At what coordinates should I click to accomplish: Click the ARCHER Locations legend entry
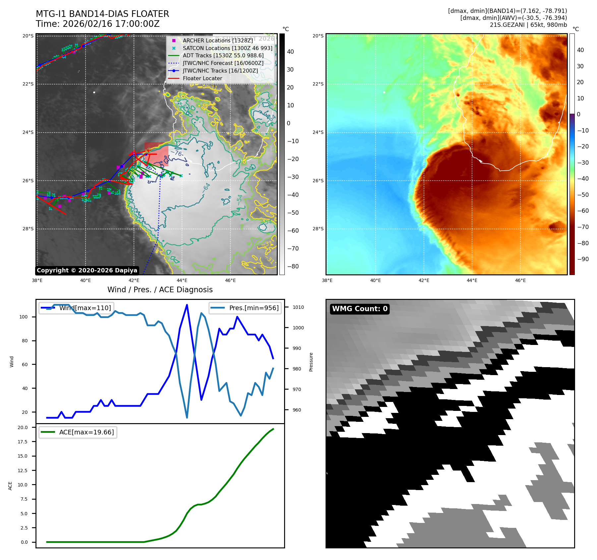pyautogui.click(x=217, y=40)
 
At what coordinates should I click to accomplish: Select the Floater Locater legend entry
pyautogui.click(x=202, y=79)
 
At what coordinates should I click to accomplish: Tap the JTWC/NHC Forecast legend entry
pyautogui.click(x=223, y=63)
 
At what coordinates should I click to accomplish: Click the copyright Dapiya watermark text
pyautogui.click(x=87, y=270)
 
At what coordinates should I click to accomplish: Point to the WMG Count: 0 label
pyautogui.click(x=360, y=309)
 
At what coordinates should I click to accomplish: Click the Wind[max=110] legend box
pyautogui.click(x=76, y=308)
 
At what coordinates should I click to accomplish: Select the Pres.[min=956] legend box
pyautogui.click(x=245, y=308)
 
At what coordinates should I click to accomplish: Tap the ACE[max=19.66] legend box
pyautogui.click(x=78, y=432)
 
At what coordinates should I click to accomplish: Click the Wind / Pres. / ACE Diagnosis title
pyautogui.click(x=160, y=290)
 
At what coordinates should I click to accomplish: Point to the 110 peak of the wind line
pyautogui.click(x=187, y=305)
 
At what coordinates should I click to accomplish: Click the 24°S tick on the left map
pyautogui.click(x=28, y=132)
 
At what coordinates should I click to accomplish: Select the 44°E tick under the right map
pyautogui.click(x=472, y=280)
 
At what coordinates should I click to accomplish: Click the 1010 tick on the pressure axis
pyautogui.click(x=298, y=307)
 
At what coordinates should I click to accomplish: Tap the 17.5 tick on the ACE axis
pyautogui.click(x=23, y=442)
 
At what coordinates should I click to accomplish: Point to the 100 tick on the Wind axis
pyautogui.click(x=24, y=317)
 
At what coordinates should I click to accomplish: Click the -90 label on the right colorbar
pyautogui.click(x=583, y=259)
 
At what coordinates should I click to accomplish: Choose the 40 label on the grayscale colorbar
pyautogui.click(x=290, y=52)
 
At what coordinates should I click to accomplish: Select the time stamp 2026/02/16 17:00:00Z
pyautogui.click(x=111, y=24)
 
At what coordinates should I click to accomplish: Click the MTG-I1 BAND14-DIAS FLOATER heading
pyautogui.click(x=102, y=14)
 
